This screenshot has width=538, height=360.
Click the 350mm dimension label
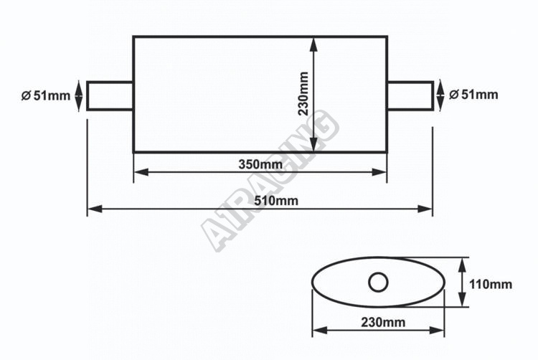pos(261,164)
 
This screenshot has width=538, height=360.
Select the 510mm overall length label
pos(276,201)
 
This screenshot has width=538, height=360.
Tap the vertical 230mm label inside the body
pos(303,94)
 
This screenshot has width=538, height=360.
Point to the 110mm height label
pos(491,284)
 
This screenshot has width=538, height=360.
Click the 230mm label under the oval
pos(383,322)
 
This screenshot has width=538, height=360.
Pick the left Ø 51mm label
pos(46,95)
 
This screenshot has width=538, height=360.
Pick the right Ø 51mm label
pos(473,94)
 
